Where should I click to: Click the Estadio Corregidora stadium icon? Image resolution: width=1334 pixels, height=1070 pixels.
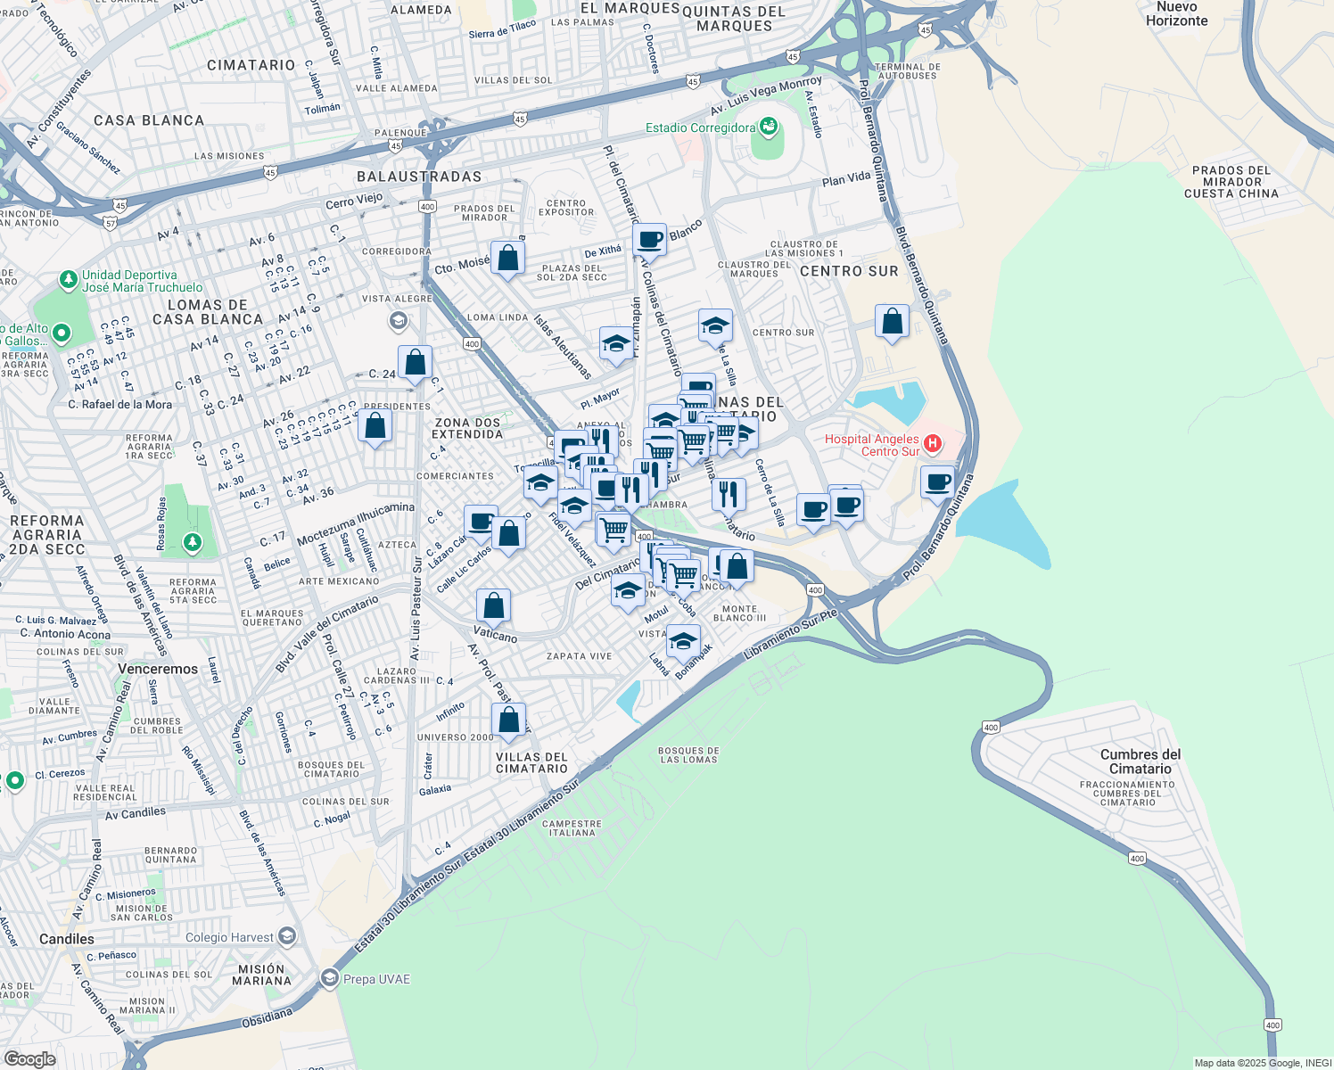point(769,127)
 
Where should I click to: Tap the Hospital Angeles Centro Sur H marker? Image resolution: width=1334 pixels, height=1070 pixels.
point(933,443)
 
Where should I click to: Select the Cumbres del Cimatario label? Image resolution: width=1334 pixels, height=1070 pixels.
point(1140,761)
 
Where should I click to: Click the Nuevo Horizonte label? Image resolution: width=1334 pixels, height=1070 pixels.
point(1176,13)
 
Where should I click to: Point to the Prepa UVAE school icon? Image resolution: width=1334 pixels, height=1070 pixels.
point(330,978)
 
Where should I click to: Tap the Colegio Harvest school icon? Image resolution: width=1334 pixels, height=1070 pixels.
point(287,936)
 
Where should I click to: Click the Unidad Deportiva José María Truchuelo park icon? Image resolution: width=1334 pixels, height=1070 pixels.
point(69,280)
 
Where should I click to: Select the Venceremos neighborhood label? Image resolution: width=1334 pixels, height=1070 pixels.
point(158,669)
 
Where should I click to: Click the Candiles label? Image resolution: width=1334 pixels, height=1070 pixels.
point(67,939)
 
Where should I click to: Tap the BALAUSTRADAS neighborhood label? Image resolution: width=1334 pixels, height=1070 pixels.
point(419,177)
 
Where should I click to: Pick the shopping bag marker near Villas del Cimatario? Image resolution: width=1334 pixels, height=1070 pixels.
point(508,720)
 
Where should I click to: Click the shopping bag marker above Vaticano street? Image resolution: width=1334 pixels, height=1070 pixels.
point(493,605)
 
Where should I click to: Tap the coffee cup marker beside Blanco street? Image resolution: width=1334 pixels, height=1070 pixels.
point(650,239)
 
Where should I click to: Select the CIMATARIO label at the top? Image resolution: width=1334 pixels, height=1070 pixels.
point(251,65)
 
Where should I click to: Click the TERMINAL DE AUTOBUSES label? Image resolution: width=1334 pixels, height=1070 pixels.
point(907,71)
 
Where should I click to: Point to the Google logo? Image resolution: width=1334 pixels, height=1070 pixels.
point(29,1058)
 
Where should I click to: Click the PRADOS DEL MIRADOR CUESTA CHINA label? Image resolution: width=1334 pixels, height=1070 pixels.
point(1231,182)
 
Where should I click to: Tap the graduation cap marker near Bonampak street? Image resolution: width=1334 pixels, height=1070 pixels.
point(683,640)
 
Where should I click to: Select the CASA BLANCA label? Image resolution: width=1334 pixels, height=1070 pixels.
point(149,120)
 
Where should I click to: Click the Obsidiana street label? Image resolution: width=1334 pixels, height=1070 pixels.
point(267,1017)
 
